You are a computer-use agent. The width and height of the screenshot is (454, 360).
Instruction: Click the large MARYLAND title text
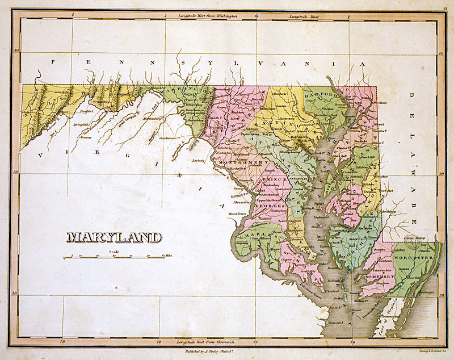tap(114, 237)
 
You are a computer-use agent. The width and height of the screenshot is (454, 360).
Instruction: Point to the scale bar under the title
tap(114, 257)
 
